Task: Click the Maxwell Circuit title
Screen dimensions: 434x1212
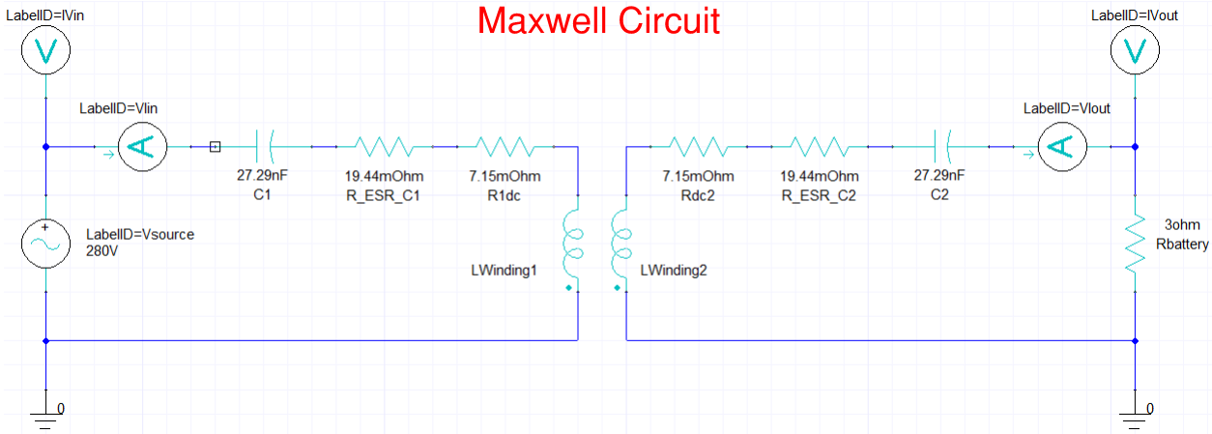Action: click(x=598, y=20)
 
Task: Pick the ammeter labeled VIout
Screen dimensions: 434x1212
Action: click(x=1061, y=147)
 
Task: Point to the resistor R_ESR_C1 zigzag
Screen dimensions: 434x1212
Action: click(x=384, y=147)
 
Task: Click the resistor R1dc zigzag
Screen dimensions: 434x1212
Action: click(x=505, y=147)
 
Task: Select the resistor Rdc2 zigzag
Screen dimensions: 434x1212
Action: click(x=698, y=147)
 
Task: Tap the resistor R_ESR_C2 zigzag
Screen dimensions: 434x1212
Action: click(x=819, y=147)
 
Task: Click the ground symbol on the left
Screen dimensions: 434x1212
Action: click(x=45, y=416)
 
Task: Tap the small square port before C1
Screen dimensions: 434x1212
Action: click(x=215, y=147)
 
